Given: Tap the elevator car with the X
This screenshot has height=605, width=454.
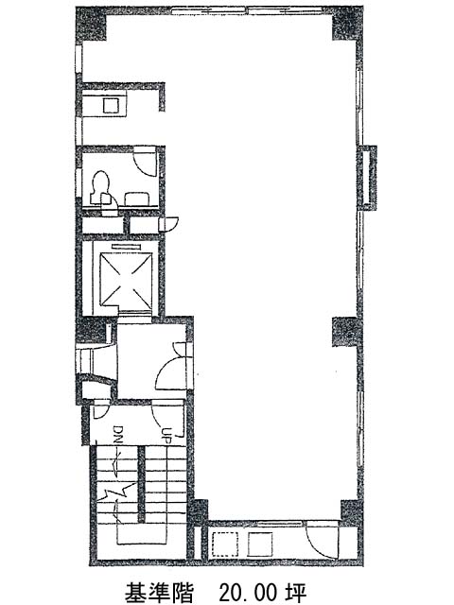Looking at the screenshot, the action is [x=126, y=277].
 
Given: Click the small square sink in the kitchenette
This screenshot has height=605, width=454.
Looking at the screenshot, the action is [x=111, y=105].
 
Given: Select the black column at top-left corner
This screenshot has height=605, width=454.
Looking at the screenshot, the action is [x=91, y=23].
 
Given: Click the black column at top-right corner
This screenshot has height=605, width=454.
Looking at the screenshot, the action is [x=347, y=24].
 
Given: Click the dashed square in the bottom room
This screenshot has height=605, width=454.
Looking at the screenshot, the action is [x=225, y=544].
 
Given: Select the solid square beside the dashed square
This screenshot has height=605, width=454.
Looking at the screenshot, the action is [x=259, y=544].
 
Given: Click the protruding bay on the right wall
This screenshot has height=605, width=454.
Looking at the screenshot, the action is [x=368, y=178].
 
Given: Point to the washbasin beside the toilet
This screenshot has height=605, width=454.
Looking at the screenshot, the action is [x=136, y=199].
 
